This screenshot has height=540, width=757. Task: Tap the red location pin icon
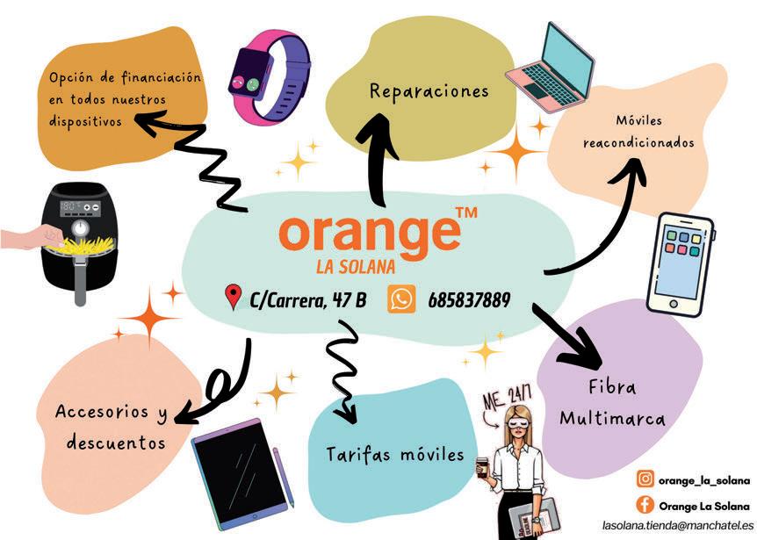point(234,298)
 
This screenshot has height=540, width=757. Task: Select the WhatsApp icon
point(401,299)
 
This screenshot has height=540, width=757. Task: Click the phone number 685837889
point(469,300)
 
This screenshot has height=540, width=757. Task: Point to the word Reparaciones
point(429,91)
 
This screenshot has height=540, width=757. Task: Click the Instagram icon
point(645,479)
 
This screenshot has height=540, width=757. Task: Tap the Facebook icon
point(645,505)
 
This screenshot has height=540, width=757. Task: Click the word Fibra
point(612,388)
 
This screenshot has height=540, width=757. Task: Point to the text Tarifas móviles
point(394,455)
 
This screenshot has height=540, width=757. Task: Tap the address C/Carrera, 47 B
point(308,300)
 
